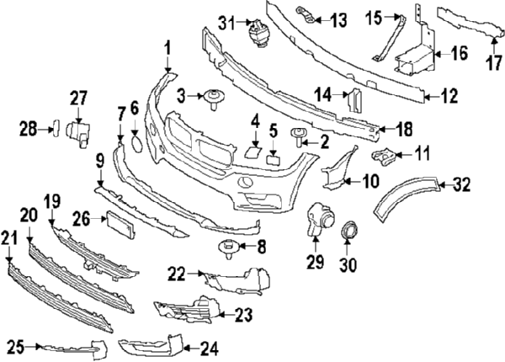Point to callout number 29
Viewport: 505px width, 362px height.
pyautogui.click(x=315, y=263)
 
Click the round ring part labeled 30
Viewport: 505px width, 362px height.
pyautogui.click(x=348, y=230)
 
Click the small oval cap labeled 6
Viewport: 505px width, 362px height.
pyautogui.click(x=135, y=142)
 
